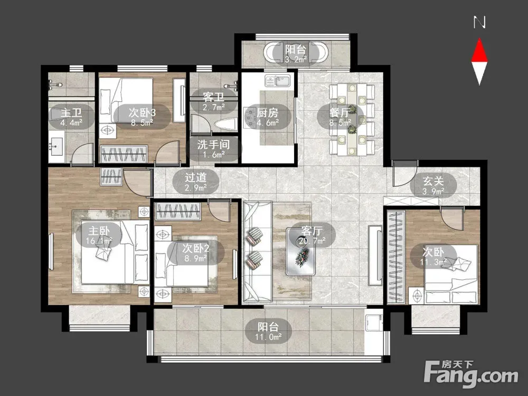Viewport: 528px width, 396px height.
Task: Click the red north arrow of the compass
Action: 479,51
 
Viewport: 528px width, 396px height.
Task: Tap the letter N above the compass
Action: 479,23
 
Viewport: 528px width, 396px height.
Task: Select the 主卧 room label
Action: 99,231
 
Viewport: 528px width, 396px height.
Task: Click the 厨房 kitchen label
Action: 267,113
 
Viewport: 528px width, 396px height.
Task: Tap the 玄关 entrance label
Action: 433,181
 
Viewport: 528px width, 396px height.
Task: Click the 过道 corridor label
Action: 196,177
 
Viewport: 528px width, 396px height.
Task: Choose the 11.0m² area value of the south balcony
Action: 268,337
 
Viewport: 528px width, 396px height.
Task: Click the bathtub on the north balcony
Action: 296,52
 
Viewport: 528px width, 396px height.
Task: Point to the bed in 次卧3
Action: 127,100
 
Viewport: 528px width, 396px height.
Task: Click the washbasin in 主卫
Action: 56,147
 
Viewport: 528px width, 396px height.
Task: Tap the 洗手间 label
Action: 213,145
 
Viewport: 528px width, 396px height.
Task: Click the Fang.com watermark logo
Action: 471,374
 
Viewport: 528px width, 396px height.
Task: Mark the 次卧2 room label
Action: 196,249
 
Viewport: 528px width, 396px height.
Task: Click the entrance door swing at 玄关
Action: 404,173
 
